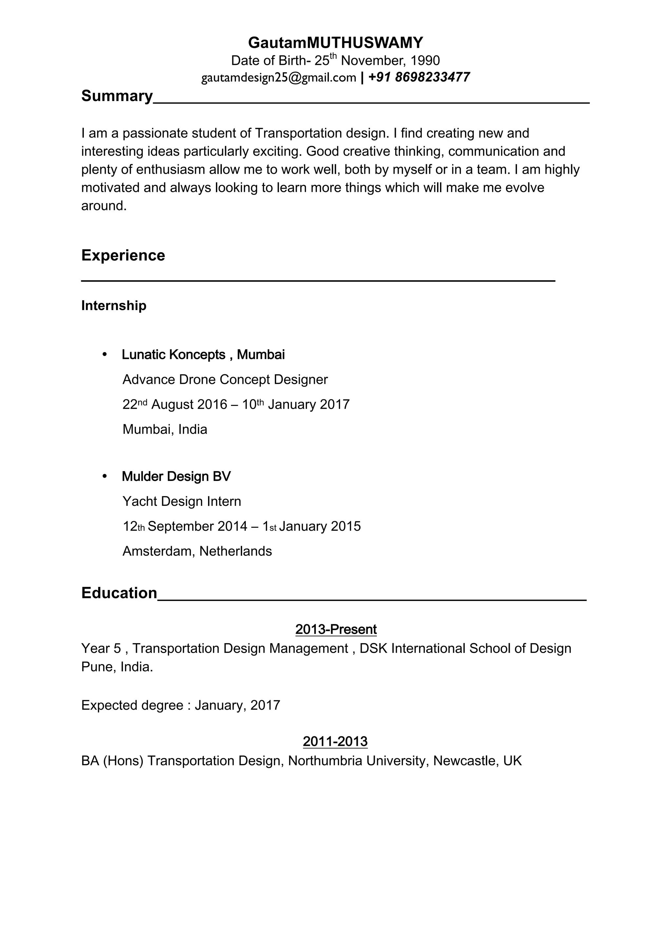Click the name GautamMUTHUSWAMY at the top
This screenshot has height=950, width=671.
[335, 43]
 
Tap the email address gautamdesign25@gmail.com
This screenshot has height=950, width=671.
[278, 78]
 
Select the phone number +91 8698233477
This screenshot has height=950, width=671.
[418, 77]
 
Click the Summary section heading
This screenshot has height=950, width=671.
[117, 96]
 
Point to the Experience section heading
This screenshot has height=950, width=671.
[123, 255]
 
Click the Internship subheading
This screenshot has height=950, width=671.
[114, 306]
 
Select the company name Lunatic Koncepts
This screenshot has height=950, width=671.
[173, 355]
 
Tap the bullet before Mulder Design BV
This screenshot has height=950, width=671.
[105, 476]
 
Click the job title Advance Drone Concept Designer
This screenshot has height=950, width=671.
[225, 379]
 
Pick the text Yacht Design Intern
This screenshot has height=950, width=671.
[182, 502]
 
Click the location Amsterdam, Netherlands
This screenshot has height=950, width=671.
[197, 551]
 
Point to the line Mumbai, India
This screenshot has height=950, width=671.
[164, 429]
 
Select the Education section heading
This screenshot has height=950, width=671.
[119, 593]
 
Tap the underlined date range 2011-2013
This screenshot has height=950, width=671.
[335, 742]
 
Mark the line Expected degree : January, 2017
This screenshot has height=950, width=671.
[180, 705]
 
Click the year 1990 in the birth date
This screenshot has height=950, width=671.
[425, 61]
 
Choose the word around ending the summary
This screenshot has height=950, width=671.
[103, 206]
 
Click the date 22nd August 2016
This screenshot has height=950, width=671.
[175, 404]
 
